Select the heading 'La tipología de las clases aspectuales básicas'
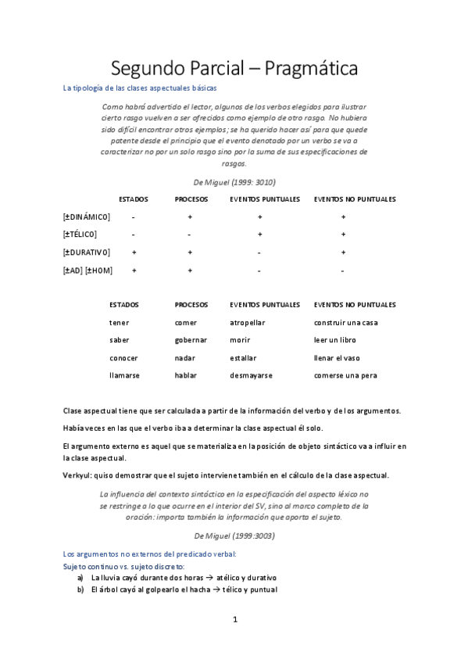139,89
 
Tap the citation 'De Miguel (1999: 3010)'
234,181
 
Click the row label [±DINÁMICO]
87,217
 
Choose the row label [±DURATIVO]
87,253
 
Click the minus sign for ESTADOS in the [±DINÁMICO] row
134,217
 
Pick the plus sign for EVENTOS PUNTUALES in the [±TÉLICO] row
259,235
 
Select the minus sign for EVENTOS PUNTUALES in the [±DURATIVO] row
259,253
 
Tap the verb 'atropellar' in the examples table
248,322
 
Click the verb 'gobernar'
191,340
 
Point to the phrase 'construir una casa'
345,322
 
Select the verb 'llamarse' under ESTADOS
125,375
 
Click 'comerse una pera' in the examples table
345,375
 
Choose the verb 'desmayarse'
251,375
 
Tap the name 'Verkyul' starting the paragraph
76,475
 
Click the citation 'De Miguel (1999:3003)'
234,536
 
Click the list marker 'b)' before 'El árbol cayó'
80,589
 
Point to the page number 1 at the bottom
234,620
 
